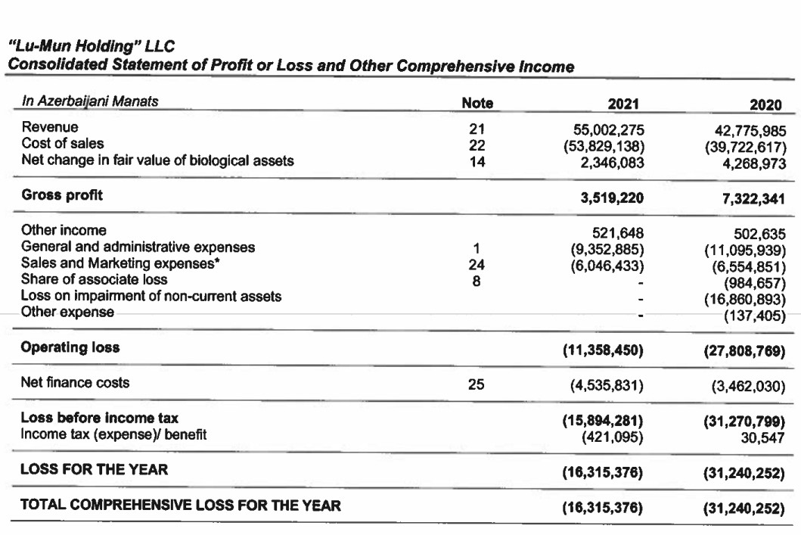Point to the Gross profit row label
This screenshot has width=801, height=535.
tap(62, 195)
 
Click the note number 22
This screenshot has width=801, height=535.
tap(477, 145)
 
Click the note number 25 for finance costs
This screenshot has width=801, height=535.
tap(477, 384)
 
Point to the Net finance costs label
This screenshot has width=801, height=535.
tap(75, 383)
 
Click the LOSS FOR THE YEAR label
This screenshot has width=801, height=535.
tap(94, 470)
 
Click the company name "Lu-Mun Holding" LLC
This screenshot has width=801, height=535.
tap(92, 51)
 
